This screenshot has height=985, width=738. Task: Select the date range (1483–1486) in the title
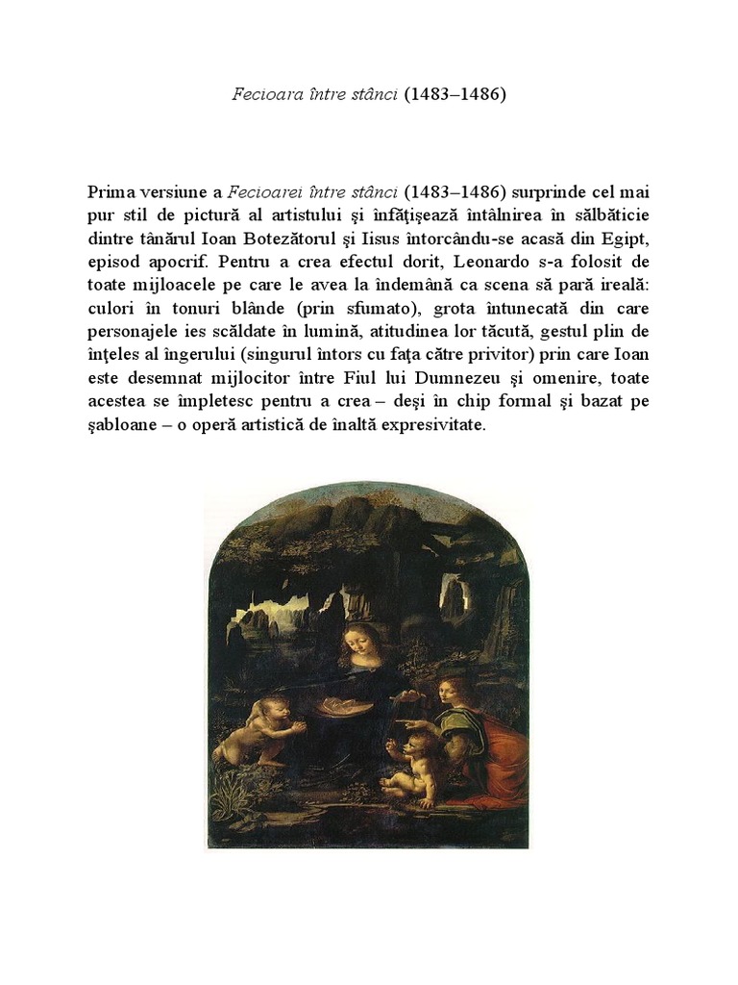point(454,96)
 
